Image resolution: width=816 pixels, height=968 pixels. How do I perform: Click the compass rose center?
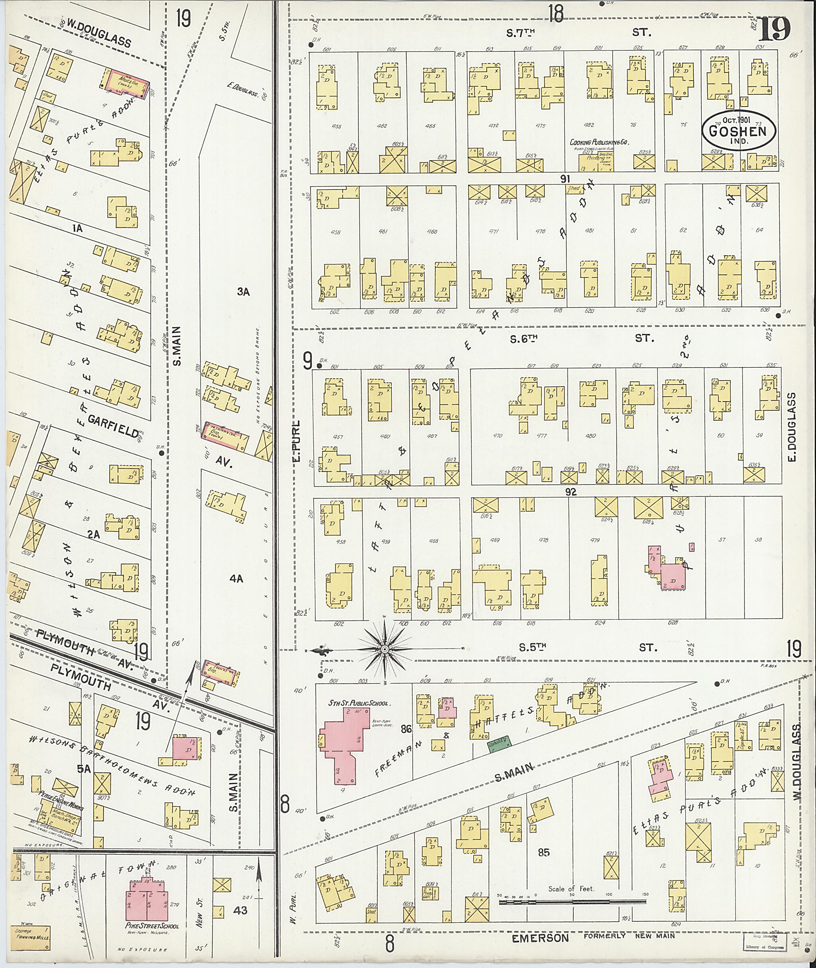[x=385, y=650]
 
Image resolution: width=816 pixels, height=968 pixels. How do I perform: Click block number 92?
[x=571, y=492]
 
